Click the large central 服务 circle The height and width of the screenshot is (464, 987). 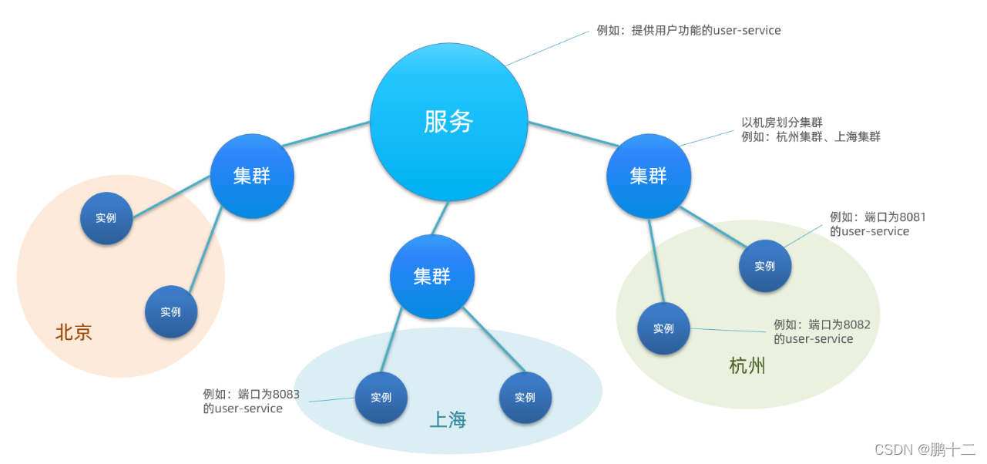click(x=448, y=122)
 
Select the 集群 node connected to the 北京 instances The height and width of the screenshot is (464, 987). click(x=252, y=177)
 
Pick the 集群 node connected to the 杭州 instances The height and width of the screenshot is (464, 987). click(x=648, y=177)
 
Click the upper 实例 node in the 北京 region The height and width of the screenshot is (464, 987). click(x=106, y=218)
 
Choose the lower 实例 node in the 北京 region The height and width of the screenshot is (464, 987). click(x=171, y=312)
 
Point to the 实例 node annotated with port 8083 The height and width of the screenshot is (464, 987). click(x=381, y=398)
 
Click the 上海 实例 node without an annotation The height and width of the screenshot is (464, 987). click(x=525, y=398)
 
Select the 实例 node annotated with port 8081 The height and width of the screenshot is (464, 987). click(x=764, y=266)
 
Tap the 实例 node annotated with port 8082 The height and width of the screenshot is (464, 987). click(x=663, y=328)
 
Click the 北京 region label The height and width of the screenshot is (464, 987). click(x=74, y=332)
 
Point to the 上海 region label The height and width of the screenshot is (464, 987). click(x=448, y=420)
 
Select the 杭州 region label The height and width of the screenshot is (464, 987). click(x=747, y=365)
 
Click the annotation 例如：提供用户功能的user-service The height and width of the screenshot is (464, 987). click(x=689, y=31)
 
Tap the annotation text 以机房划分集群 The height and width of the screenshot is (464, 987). click(x=782, y=123)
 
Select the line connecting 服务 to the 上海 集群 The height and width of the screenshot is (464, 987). click(x=440, y=218)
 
